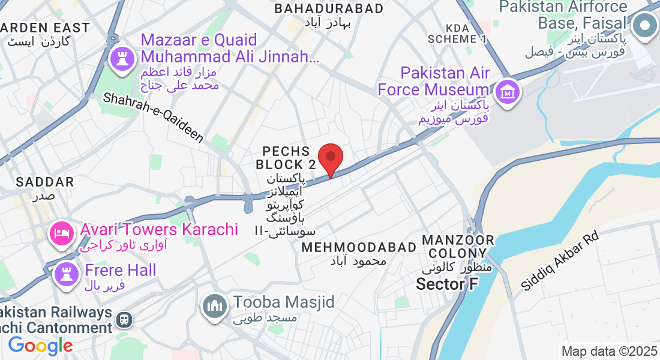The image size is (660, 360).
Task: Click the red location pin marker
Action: coord(330,158)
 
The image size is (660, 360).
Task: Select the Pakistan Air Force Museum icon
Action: coord(508,93)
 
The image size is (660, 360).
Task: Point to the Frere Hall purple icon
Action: coord(66,274)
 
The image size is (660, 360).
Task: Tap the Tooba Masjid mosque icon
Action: coord(214,307)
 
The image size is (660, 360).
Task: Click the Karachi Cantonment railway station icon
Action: coord(125,320)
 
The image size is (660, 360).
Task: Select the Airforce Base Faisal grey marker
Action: coord(645,26)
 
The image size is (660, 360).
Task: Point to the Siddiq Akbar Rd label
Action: coord(560,262)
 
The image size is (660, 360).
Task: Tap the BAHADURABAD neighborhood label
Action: coord(329,8)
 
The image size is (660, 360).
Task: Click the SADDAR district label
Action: coord(45,181)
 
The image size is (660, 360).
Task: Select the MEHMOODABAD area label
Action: coord(359,247)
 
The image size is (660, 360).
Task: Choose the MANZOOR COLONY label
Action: coord(458,247)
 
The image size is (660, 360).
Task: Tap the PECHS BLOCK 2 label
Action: coord(286,157)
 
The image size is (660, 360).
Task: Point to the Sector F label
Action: coord(447,284)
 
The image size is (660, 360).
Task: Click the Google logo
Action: coord(40,346)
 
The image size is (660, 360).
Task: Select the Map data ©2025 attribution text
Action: coord(610,351)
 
